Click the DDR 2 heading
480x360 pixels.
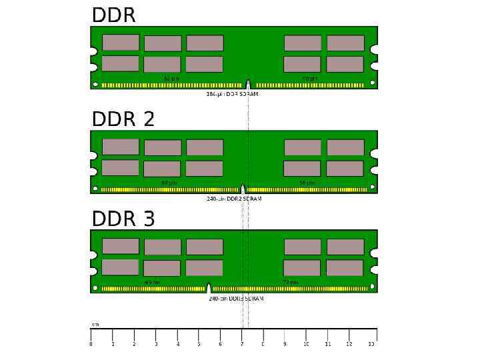[123, 119]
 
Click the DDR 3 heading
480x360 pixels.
[123, 219]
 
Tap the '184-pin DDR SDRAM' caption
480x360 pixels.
[232, 95]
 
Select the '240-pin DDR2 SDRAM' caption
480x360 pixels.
[234, 199]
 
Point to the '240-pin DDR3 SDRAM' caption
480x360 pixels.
[236, 299]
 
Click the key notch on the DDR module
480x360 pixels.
[248, 85]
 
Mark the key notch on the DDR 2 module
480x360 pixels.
[243, 189]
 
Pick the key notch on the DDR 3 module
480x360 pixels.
[209, 289]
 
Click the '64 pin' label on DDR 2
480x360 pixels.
[169, 183]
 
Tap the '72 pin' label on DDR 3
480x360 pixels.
[291, 283]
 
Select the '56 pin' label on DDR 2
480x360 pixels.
[307, 183]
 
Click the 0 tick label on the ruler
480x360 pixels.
[91, 344]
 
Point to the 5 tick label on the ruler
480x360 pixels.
[199, 344]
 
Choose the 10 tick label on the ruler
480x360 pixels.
[306, 344]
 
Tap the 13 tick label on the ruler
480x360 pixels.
[371, 344]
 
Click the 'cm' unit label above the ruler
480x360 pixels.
[95, 325]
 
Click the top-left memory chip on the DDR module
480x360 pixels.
[121, 43]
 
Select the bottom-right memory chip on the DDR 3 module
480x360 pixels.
[345, 268]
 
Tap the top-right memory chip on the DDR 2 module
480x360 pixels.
[345, 147]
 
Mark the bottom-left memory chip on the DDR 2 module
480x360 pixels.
[121, 167]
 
